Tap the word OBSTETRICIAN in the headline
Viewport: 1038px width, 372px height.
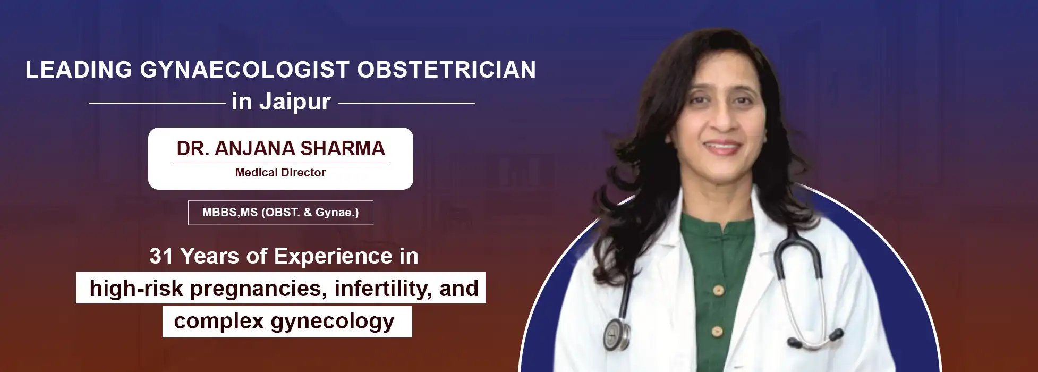(447, 70)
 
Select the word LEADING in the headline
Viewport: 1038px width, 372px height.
(79, 70)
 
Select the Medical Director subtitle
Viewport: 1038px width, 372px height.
(280, 172)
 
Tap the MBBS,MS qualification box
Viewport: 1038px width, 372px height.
(280, 213)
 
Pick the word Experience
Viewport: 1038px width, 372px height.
(326, 256)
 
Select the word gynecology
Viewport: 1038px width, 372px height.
(333, 322)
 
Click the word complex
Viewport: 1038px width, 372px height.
(219, 322)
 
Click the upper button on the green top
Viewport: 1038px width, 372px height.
(718, 290)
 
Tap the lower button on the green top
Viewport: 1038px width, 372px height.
(717, 332)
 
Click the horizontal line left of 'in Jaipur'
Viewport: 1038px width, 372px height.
(157, 103)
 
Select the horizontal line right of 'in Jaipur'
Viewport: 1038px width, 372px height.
(407, 103)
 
